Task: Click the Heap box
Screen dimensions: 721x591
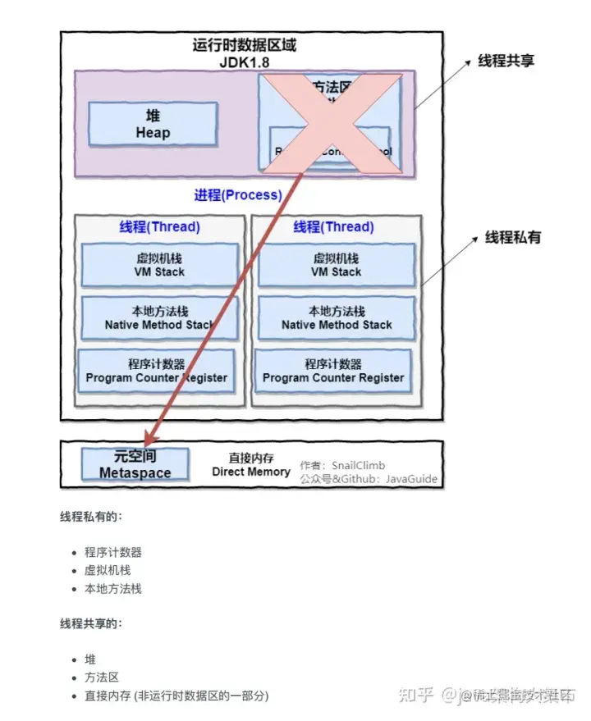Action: pyautogui.click(x=153, y=124)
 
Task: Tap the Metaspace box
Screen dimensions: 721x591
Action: pyautogui.click(x=135, y=464)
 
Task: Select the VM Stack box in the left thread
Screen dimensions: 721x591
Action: pyautogui.click(x=160, y=264)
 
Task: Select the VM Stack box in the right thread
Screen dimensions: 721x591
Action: pyautogui.click(x=336, y=264)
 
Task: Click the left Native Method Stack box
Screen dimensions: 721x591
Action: pyautogui.click(x=160, y=317)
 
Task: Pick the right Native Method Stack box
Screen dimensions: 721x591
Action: pyautogui.click(x=337, y=317)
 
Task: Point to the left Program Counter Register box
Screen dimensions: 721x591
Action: pyautogui.click(x=156, y=371)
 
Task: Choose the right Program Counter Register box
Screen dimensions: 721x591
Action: pyautogui.click(x=333, y=371)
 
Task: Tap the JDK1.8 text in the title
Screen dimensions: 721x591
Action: pyautogui.click(x=244, y=62)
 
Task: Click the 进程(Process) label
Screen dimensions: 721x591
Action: pyautogui.click(x=237, y=195)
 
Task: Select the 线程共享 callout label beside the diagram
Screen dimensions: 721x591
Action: pyautogui.click(x=506, y=62)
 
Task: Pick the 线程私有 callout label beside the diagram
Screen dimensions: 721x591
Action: pyautogui.click(x=513, y=238)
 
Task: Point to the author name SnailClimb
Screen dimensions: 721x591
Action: pyautogui.click(x=358, y=465)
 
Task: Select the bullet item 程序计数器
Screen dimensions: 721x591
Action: pyautogui.click(x=113, y=552)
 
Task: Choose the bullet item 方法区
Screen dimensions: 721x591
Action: pyautogui.click(x=102, y=677)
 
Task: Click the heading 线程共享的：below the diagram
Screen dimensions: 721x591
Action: pyautogui.click(x=91, y=623)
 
